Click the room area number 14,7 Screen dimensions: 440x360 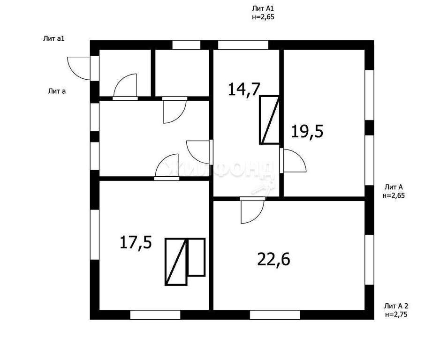click(243, 90)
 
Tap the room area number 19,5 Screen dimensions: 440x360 click(307, 131)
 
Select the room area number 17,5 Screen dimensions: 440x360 click(136, 242)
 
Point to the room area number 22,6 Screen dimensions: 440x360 click(273, 259)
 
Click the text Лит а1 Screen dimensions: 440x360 click(54, 39)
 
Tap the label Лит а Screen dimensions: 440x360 click(57, 91)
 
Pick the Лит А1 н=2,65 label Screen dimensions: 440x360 click(263, 13)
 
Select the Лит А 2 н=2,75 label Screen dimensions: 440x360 click(395, 310)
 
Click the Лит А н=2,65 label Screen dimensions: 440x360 click(394, 191)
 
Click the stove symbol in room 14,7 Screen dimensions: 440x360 click(269, 120)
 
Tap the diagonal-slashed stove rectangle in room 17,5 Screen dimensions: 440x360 click(176, 262)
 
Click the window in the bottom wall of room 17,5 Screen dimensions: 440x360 click(155, 315)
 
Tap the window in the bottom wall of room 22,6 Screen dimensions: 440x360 click(275, 315)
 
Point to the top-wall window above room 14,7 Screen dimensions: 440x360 click(243, 45)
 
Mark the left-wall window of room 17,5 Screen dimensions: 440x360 click(95, 234)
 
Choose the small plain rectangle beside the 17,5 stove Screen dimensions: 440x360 click(197, 257)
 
